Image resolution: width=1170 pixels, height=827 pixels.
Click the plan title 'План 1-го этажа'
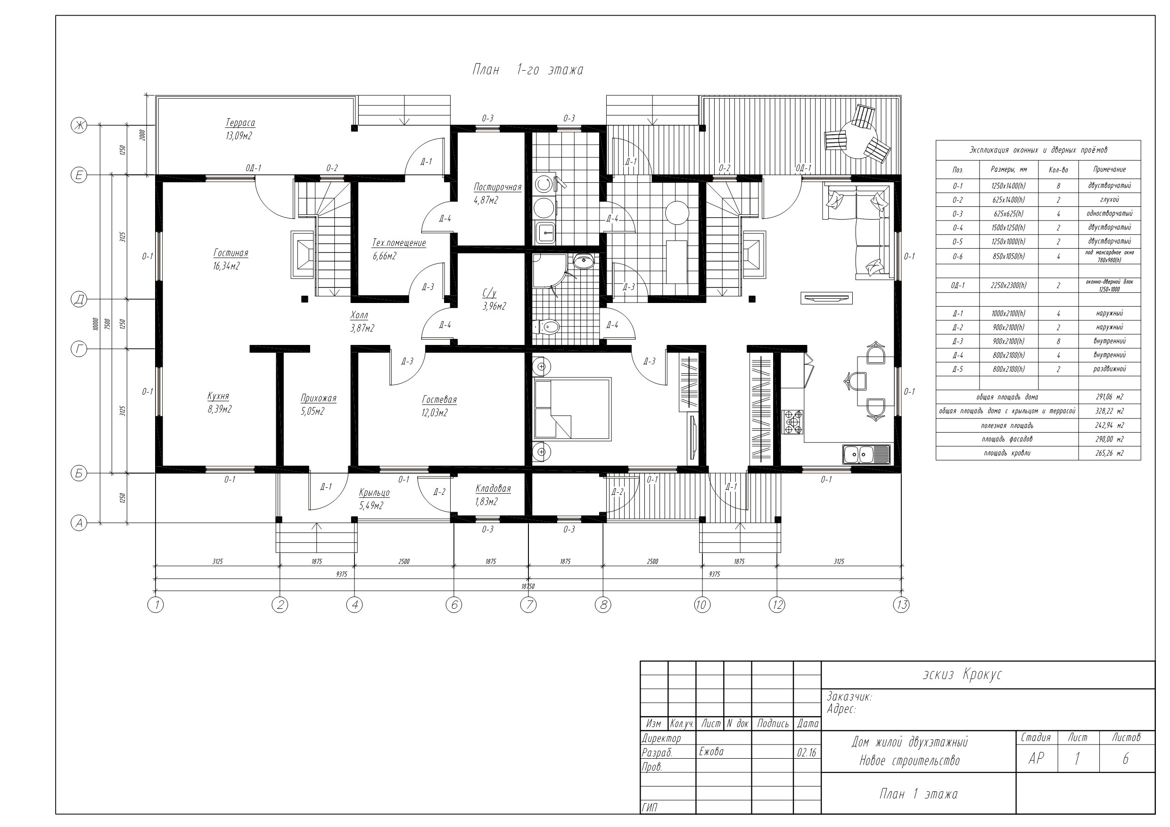tap(527, 70)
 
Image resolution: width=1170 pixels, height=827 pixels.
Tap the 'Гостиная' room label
tap(231, 253)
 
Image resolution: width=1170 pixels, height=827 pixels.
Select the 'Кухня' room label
tap(218, 396)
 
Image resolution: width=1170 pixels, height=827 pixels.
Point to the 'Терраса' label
tap(240, 123)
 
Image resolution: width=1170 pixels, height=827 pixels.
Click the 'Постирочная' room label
tap(497, 187)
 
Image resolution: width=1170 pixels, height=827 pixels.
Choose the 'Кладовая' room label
tap(493, 489)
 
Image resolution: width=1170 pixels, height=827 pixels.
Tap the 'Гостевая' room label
tap(439, 400)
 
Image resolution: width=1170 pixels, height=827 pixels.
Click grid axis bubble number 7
tap(528, 605)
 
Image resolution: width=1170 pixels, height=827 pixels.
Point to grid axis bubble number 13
tap(901, 605)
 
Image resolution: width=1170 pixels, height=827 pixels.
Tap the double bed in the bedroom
tap(572, 409)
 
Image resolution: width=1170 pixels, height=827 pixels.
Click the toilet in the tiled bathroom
tap(546, 326)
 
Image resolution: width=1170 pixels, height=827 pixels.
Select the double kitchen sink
tap(866, 454)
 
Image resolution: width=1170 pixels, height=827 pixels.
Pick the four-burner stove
tap(792, 422)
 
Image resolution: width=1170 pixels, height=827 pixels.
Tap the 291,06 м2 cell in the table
tap(1109, 397)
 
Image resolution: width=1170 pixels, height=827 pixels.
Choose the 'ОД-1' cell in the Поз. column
tap(957, 286)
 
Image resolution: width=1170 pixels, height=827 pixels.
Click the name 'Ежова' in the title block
tap(711, 752)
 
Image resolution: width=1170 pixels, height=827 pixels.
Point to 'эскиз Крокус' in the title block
tap(962, 675)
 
